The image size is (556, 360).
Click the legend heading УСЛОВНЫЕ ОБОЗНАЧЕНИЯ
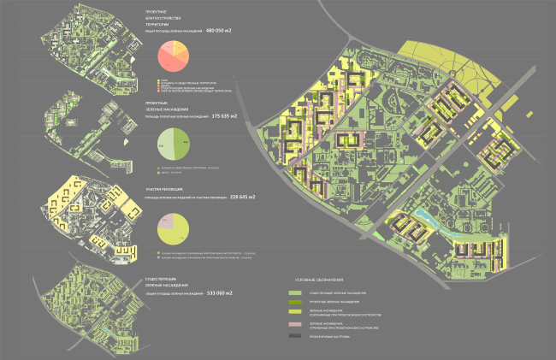(x=319, y=280)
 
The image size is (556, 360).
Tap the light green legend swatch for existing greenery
(x=295, y=292)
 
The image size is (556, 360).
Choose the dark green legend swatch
(x=295, y=302)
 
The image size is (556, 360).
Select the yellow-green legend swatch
(x=295, y=312)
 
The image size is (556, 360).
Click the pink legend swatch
(x=295, y=326)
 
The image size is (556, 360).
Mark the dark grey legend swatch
(x=295, y=337)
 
